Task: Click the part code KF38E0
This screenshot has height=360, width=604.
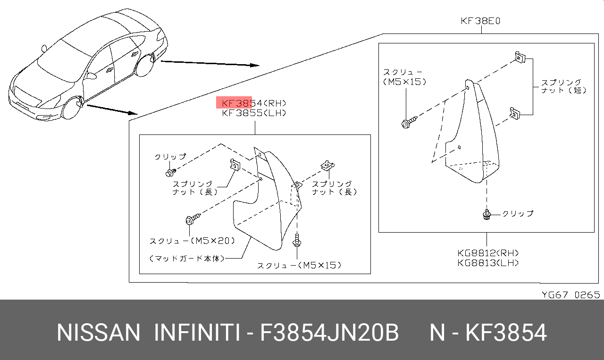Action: (480, 21)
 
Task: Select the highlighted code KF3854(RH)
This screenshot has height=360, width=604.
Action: (254, 103)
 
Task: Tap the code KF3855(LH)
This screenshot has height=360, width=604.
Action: (254, 113)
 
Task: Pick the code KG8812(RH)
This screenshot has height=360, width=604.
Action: (488, 253)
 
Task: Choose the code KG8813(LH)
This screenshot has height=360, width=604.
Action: (488, 263)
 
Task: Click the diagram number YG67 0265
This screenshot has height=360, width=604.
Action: (571, 295)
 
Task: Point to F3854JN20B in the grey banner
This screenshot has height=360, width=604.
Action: (329, 333)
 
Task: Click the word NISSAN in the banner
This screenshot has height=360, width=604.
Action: (99, 333)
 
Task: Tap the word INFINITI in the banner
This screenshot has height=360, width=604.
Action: (197, 333)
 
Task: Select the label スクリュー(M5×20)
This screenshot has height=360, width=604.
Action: (192, 241)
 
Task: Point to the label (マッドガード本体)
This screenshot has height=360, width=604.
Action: (187, 259)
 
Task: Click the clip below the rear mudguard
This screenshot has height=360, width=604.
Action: (487, 214)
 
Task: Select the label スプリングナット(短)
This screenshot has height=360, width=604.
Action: (564, 86)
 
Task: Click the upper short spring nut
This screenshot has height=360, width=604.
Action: (520, 58)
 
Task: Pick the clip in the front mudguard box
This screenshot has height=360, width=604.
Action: (171, 173)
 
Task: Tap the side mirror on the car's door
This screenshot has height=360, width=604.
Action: (91, 75)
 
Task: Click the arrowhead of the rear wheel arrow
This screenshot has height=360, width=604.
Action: (255, 65)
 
